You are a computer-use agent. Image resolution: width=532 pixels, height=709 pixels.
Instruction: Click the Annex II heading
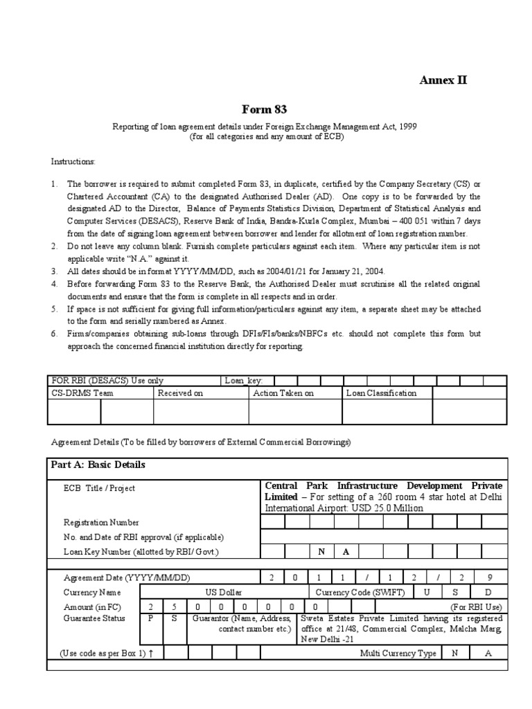pyautogui.click(x=443, y=80)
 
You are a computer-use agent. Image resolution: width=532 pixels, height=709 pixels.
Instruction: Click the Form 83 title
pyautogui.click(x=264, y=109)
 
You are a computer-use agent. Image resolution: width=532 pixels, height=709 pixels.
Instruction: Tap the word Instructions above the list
pyautogui.click(x=73, y=161)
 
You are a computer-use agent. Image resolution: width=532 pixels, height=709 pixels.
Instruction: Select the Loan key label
pyautogui.click(x=240, y=380)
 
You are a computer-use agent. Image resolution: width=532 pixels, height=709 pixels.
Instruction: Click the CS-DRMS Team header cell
pyautogui.click(x=82, y=393)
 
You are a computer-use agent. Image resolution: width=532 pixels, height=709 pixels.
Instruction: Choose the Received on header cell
pyautogui.click(x=180, y=393)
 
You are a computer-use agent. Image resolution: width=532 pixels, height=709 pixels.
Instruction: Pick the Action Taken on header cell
pyautogui.click(x=283, y=393)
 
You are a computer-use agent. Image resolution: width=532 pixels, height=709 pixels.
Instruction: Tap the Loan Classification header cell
pyautogui.click(x=381, y=393)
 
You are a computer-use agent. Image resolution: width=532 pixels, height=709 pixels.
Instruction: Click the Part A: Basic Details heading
pyautogui.click(x=98, y=465)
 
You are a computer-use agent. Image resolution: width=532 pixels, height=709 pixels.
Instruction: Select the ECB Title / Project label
pyautogui.click(x=99, y=488)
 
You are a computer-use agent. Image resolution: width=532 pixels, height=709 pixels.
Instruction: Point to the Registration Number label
pyautogui.click(x=101, y=522)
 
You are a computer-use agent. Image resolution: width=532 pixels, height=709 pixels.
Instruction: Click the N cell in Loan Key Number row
pyautogui.click(x=321, y=552)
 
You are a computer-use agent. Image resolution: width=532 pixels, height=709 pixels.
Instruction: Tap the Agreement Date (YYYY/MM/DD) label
pyautogui.click(x=126, y=578)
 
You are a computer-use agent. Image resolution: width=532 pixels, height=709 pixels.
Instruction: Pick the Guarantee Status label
pyautogui.click(x=94, y=618)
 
